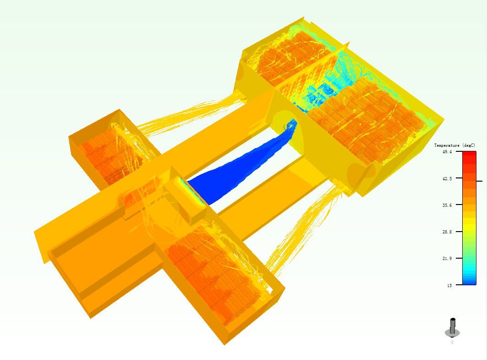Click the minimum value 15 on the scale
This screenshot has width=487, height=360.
tap(449, 285)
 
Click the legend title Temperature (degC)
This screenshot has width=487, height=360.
tap(454, 145)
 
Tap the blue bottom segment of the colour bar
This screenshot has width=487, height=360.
tap(469, 281)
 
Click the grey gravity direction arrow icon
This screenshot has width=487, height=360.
tap(453, 327)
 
